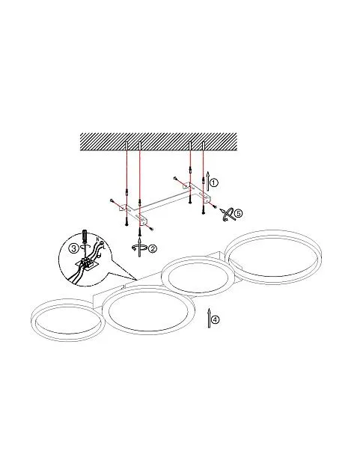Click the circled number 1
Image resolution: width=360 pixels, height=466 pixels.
214,183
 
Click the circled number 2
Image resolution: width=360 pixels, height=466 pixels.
152,248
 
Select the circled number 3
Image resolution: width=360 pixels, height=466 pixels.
73,248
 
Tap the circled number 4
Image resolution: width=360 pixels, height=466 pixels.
216,320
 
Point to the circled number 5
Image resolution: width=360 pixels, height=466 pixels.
238,213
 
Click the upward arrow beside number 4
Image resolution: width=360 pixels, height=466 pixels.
209,318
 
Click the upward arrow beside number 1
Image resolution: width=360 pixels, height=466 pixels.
208,181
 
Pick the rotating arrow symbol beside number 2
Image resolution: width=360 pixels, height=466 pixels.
139,248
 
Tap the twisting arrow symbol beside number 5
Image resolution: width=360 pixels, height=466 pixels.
227,215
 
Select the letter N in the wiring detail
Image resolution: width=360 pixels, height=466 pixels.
97,239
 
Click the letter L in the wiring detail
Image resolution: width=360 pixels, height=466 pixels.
104,246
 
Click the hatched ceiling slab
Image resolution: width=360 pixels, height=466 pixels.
159,142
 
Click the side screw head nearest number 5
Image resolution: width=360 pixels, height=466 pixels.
215,207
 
